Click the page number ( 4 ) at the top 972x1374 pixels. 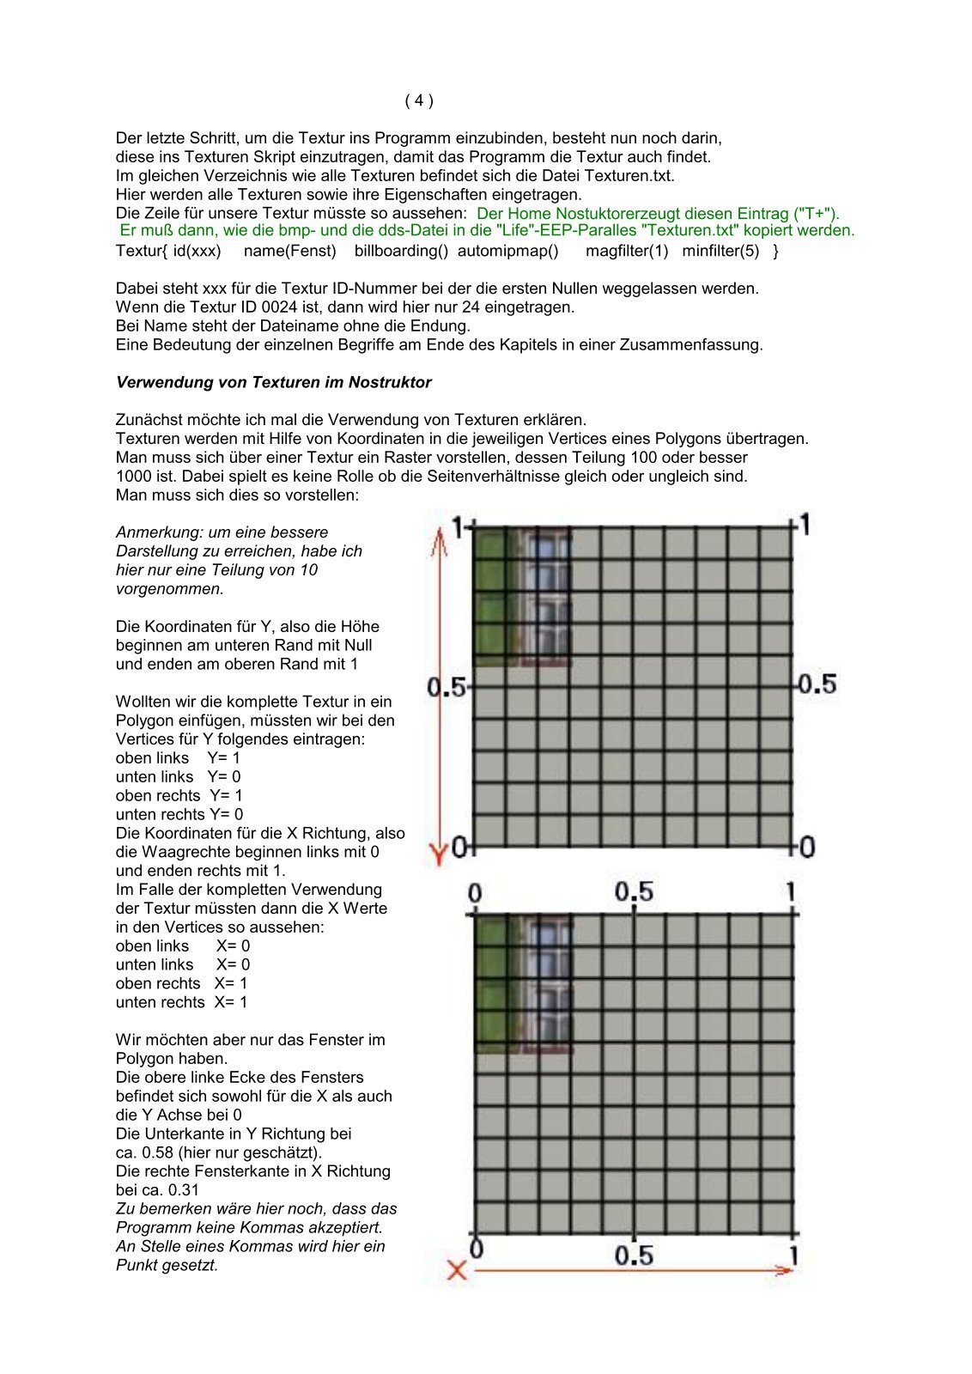(419, 100)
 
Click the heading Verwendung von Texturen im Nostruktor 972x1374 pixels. (273, 382)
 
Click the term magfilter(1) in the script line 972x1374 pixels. (627, 251)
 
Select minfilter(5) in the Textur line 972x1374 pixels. (720, 251)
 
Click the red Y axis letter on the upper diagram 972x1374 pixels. (438, 854)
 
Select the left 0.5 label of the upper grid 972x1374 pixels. (445, 687)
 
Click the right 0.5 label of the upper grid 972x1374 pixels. (816, 684)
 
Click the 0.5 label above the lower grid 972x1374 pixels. (634, 892)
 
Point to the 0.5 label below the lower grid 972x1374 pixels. (634, 1255)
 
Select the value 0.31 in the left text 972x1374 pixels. (183, 1190)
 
